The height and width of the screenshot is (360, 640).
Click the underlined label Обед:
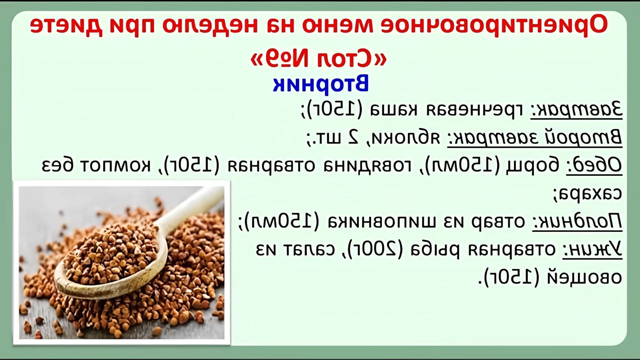(x=594, y=165)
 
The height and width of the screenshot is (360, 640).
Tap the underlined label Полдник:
(x=577, y=221)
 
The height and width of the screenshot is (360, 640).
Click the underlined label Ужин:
(x=592, y=249)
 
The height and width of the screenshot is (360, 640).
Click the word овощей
(x=584, y=277)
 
